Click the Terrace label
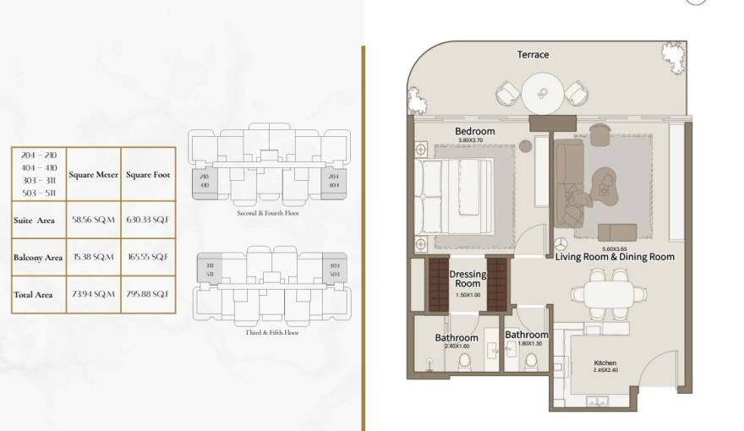533,55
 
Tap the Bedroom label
474,132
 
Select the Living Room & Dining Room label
615,256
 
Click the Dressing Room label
468,279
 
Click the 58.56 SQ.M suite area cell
93,220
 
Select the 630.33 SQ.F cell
147,220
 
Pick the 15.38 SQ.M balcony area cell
93,257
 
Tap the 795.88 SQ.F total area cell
147,294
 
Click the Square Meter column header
93,175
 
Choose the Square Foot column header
147,175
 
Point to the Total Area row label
34,294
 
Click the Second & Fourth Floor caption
269,213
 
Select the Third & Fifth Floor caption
269,332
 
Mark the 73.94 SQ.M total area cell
93,294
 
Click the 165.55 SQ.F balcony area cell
147,257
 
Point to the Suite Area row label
35,220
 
